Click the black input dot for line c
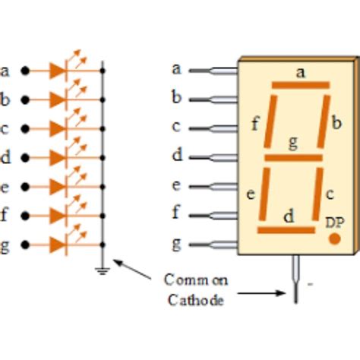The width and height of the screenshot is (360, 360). pos(26,128)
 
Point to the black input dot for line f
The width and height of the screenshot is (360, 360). pos(26,216)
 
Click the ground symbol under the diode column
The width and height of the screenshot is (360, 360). pos(103,270)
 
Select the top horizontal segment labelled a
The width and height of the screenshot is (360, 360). pos(300,85)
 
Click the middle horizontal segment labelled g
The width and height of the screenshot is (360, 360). pos(293,159)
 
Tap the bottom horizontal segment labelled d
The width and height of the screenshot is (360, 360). pos(286,230)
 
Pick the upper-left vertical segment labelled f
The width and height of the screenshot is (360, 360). pos(268,122)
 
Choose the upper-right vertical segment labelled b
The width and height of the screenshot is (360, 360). pos(324,122)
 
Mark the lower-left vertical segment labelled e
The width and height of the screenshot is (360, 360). pos(264,194)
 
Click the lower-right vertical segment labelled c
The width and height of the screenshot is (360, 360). pos(318,194)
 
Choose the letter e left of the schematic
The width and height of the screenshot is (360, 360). pos(5,187)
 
